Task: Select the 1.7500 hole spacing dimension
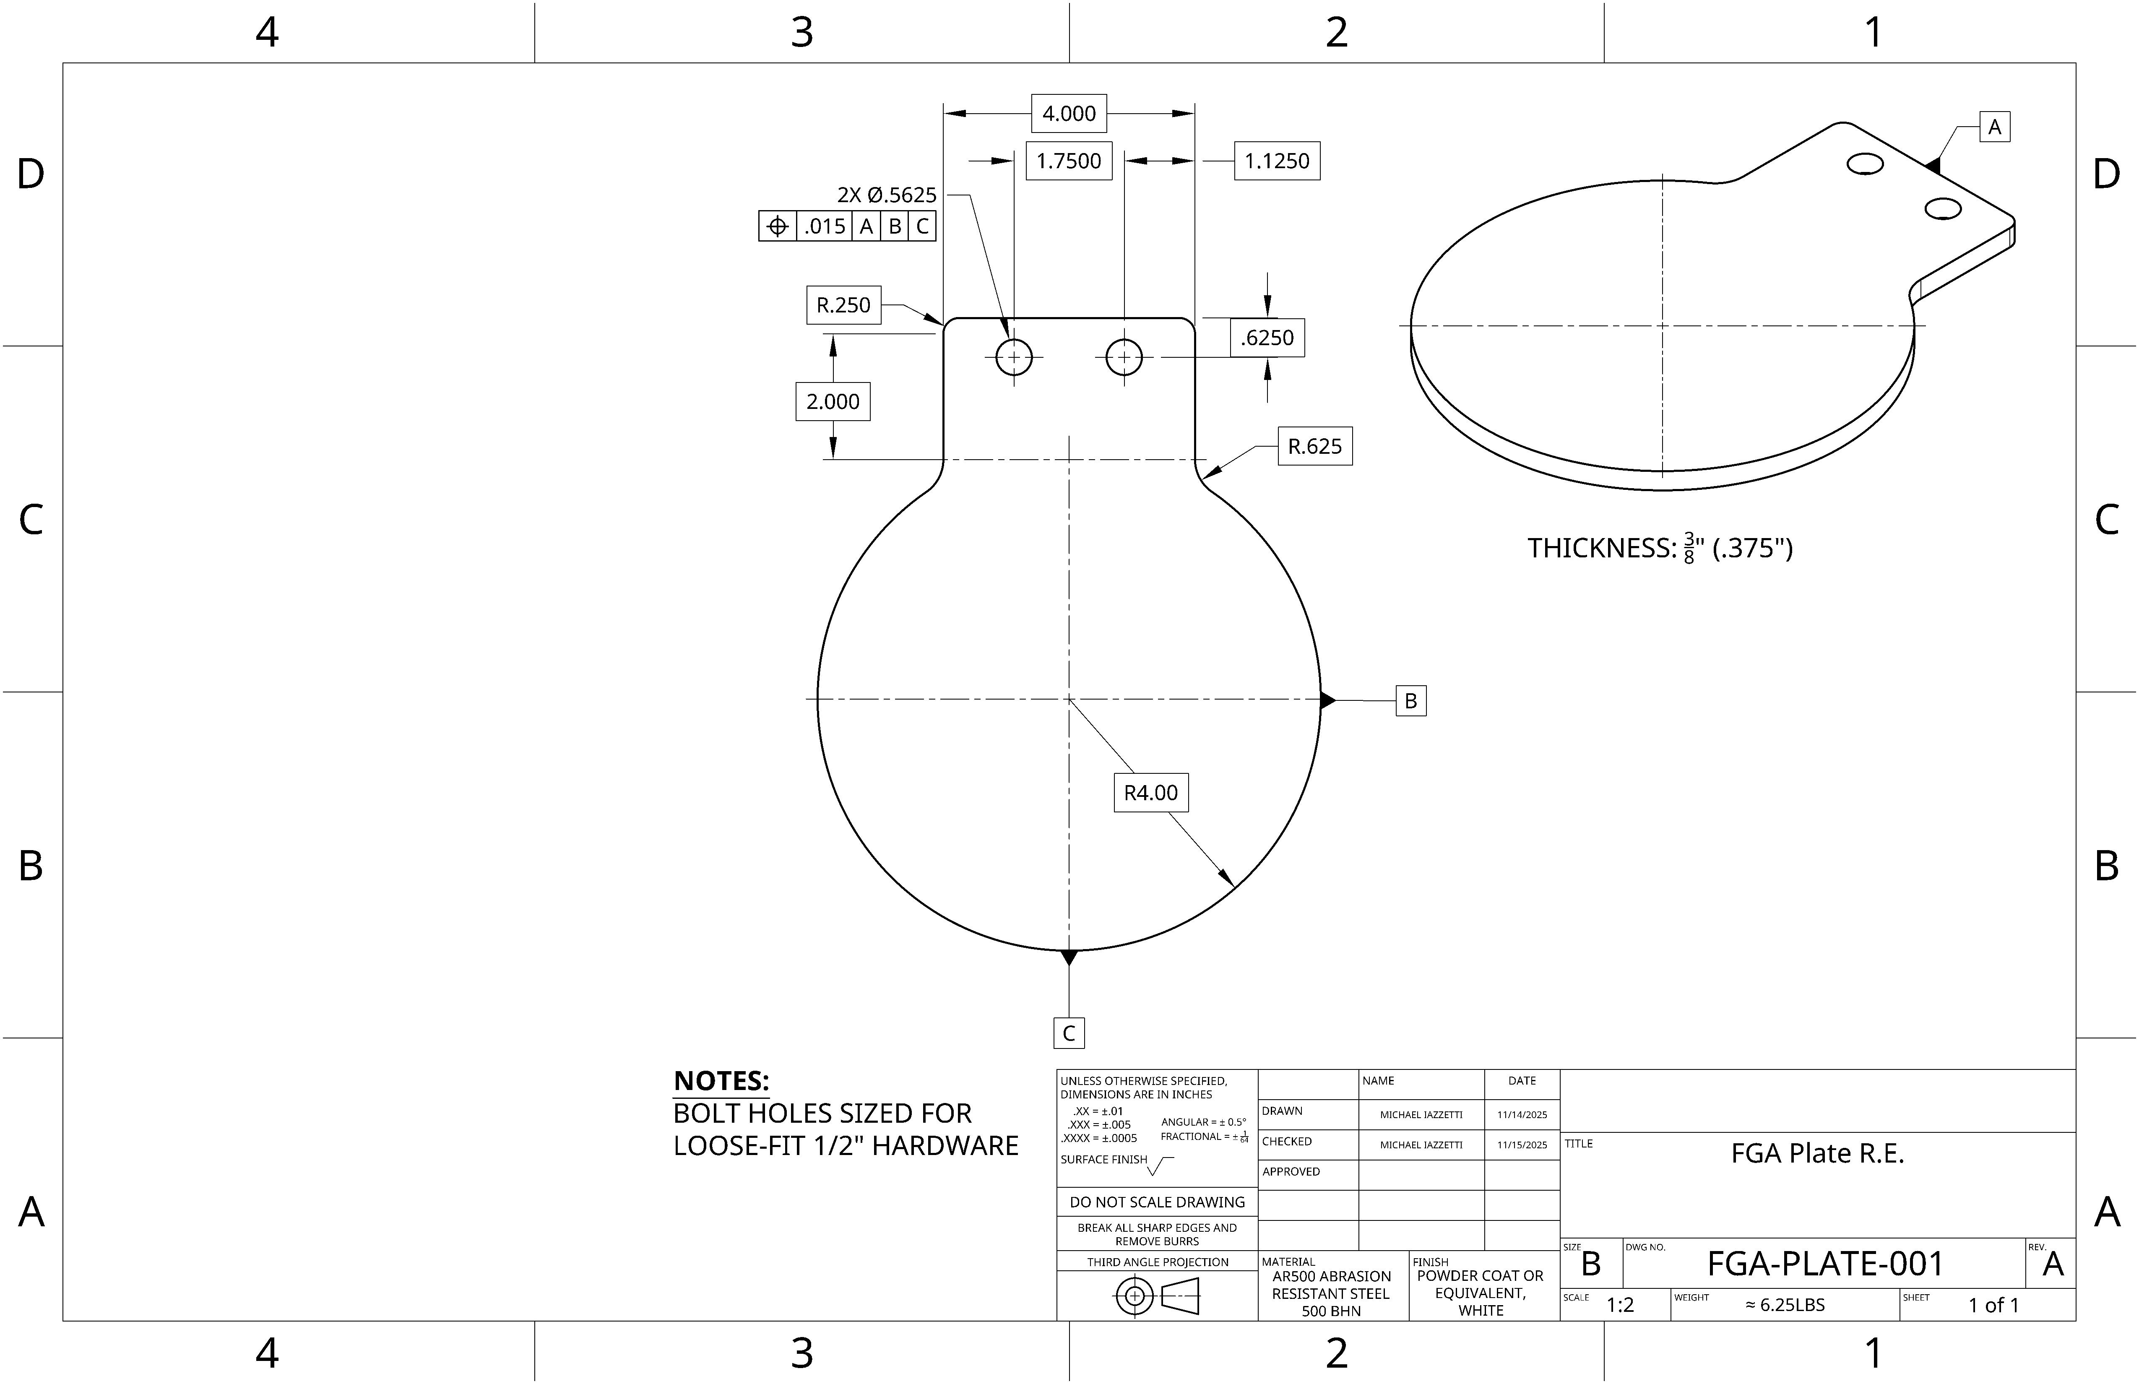(x=1069, y=161)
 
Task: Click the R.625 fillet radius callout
(x=1315, y=447)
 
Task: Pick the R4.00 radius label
(x=1150, y=793)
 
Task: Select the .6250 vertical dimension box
(x=1267, y=338)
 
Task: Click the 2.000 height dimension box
(x=832, y=402)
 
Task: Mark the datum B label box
(x=1410, y=701)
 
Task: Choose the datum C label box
(x=1069, y=1033)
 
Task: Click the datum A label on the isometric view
(x=1994, y=127)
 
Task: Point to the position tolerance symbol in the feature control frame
(x=778, y=226)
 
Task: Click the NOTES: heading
(x=721, y=1081)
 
